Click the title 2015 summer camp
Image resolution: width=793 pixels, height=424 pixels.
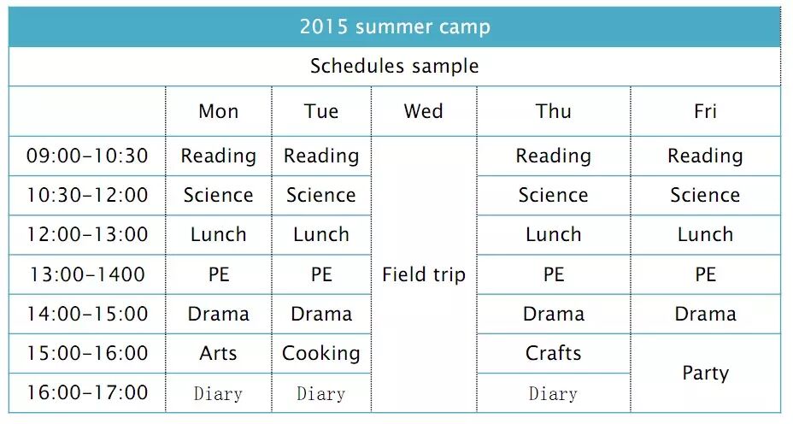(395, 26)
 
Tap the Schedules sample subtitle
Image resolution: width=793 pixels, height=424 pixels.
(395, 67)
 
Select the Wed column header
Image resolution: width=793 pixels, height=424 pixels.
(423, 111)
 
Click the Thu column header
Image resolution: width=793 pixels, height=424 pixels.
(553, 111)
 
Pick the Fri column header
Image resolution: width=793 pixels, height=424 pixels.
(706, 111)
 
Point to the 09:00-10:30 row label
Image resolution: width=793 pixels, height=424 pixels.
(87, 156)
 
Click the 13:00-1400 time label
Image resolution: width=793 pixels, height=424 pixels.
(87, 274)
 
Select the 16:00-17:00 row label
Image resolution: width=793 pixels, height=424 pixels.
(87, 392)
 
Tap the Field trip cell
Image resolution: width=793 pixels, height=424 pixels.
(424, 274)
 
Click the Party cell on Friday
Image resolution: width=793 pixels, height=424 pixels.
(706, 374)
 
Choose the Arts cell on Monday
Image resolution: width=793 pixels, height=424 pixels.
(218, 353)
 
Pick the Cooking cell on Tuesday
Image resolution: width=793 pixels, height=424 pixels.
(321, 354)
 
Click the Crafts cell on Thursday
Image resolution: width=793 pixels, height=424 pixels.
(553, 353)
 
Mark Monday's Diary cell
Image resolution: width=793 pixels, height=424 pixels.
(218, 393)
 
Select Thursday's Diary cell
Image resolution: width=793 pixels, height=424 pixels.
(553, 393)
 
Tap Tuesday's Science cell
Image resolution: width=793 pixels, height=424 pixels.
(321, 195)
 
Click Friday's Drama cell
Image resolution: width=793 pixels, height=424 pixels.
(706, 314)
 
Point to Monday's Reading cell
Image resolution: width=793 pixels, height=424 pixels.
(219, 156)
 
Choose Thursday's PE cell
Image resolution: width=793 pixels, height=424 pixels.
(553, 274)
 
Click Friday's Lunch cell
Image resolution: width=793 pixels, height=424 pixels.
(706, 235)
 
